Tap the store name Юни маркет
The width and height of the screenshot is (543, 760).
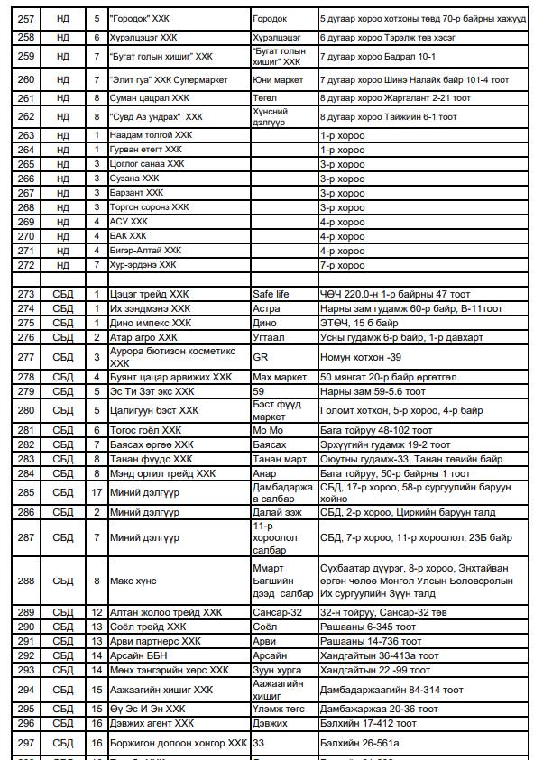(x=272, y=80)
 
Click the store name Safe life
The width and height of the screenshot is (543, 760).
(x=271, y=294)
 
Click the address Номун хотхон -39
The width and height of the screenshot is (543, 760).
(x=355, y=357)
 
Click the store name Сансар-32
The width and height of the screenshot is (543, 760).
(x=276, y=612)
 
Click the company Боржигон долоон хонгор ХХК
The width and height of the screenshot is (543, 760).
(x=178, y=744)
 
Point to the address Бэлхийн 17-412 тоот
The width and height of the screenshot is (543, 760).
(x=366, y=723)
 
